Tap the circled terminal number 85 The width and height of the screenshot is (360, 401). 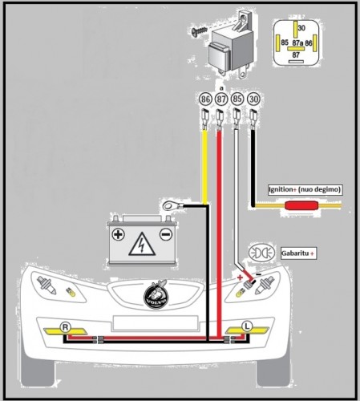click(237, 99)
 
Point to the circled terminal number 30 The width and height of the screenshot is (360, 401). click(253, 99)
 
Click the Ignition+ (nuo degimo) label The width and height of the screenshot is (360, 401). click(305, 190)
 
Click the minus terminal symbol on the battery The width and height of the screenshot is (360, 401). click(164, 235)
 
